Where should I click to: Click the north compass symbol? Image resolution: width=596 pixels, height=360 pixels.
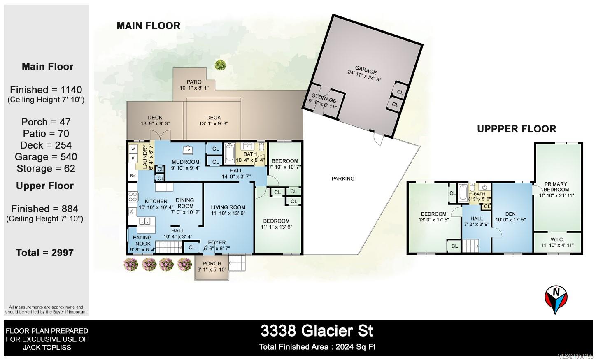556,300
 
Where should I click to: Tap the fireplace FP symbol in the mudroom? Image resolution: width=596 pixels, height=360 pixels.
188,150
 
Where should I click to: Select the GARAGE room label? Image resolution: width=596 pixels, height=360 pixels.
366,71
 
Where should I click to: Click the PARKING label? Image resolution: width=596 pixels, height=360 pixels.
343,179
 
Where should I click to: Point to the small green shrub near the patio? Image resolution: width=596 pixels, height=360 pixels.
220,65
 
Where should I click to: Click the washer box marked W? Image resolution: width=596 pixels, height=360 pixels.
133,149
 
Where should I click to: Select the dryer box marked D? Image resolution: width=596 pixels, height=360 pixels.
133,158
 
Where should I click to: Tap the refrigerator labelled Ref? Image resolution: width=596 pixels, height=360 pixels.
133,176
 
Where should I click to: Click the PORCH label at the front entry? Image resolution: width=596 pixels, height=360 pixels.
212,263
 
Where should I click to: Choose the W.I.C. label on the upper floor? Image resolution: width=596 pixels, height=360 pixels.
557,239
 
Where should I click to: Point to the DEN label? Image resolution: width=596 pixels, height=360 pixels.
510,214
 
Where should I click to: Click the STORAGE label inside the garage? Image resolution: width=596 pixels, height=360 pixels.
324,98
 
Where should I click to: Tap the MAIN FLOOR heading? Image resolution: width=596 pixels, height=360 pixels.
149,26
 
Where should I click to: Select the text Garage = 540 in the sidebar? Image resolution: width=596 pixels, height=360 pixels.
46,157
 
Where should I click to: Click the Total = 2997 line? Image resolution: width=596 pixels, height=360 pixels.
45,253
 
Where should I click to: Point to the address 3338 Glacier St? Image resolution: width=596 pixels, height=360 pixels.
317,331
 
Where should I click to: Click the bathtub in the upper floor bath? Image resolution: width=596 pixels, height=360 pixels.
463,193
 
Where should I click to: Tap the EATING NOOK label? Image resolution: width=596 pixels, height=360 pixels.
143,240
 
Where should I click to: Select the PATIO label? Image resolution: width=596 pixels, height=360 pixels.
194,82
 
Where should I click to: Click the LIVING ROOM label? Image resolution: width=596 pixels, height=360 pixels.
228,207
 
